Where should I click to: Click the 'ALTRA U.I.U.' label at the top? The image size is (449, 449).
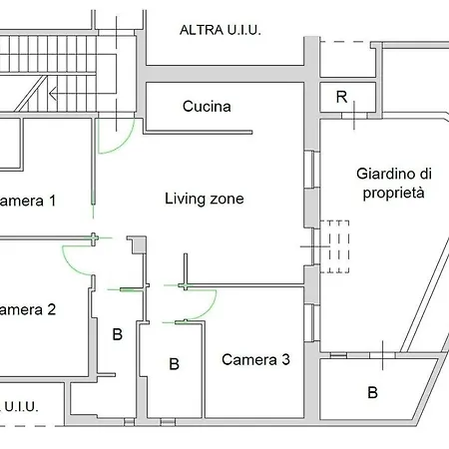click(220, 30)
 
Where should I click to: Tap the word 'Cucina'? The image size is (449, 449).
click(207, 106)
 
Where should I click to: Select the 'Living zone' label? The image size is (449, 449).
click(204, 199)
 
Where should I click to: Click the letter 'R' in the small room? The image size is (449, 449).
click(341, 98)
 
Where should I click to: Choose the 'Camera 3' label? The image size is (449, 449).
click(255, 359)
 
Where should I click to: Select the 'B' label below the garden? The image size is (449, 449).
click(372, 392)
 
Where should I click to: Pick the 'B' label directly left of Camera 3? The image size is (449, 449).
click(174, 364)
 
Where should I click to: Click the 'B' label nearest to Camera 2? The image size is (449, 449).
click(117, 334)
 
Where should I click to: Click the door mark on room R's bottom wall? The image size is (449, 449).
click(356, 116)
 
